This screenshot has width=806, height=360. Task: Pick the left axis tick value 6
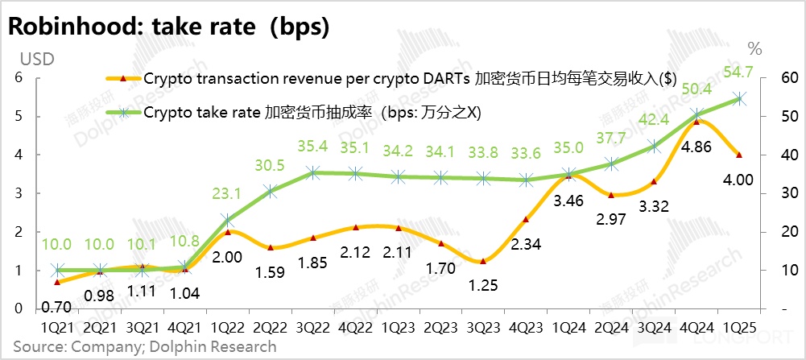[x=16, y=78]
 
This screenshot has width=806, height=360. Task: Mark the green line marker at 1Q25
[x=740, y=98]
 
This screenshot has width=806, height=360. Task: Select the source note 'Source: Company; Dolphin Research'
[x=143, y=347]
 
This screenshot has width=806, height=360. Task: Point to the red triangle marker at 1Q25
[x=740, y=155]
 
